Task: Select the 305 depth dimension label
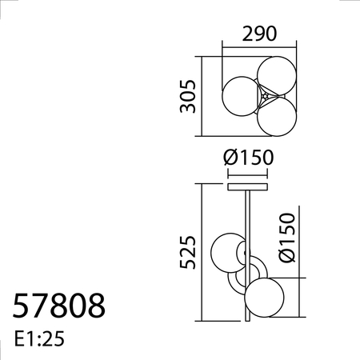pos(187,95)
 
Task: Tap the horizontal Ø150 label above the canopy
pos(250,158)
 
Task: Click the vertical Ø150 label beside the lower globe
pos(288,238)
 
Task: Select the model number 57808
pos(58,307)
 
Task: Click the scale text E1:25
pos(38,339)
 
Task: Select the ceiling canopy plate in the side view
pos(250,187)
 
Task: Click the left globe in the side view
pos(227,253)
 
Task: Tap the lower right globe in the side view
pos(265,297)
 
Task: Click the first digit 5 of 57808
pos(22,307)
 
